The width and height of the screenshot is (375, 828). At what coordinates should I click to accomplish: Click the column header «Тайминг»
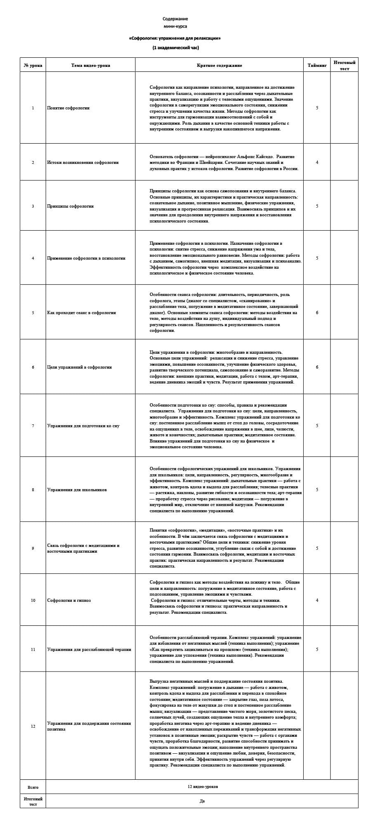(317, 65)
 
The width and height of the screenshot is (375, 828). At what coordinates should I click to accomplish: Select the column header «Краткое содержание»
(219, 65)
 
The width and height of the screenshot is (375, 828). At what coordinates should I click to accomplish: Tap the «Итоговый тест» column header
(344, 65)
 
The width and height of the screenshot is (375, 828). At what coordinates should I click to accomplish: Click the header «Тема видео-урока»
(90, 65)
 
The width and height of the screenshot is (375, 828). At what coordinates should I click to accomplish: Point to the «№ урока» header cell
(33, 65)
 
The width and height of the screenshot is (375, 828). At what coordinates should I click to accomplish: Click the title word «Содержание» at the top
(175, 19)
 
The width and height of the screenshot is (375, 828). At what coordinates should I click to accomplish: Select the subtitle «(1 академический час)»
(175, 48)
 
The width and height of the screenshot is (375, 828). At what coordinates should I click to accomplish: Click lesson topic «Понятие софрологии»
(68, 108)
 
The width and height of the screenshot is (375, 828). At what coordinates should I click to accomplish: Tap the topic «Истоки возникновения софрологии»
(83, 162)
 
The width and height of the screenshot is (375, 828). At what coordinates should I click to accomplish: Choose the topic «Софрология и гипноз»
(69, 600)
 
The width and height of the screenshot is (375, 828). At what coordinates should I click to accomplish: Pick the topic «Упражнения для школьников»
(77, 490)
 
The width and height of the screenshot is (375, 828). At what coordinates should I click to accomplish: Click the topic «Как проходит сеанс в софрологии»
(82, 312)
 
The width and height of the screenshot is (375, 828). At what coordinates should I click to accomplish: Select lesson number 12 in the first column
(33, 726)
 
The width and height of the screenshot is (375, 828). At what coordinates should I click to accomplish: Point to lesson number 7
(33, 426)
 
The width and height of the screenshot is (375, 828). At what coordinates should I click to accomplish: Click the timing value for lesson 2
(317, 162)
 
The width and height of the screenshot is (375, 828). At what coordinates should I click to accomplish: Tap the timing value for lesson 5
(317, 312)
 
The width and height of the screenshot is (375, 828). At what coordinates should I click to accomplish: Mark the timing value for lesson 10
(317, 600)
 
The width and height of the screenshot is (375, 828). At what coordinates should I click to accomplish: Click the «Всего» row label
(33, 787)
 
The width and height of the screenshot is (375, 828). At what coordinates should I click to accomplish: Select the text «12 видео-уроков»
(202, 786)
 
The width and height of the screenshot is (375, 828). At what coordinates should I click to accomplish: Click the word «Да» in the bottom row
(202, 801)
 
